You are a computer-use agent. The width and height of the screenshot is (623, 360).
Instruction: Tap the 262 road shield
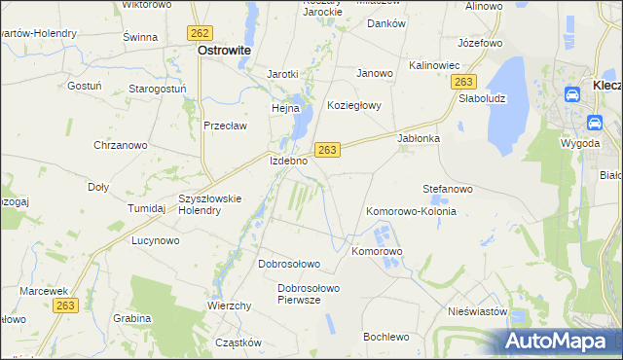tap(201, 32)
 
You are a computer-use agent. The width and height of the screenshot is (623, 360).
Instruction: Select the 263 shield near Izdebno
tap(326, 149)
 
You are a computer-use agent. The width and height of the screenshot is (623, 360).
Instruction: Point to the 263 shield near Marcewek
tap(65, 305)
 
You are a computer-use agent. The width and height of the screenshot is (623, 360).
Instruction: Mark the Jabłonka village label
tap(420, 138)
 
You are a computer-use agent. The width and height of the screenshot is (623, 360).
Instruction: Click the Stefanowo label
tap(447, 188)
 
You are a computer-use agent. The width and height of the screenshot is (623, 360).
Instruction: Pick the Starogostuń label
tap(158, 89)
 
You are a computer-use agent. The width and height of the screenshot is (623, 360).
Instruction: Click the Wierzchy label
tap(230, 306)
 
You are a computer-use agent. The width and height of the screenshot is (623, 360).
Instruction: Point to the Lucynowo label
tap(156, 240)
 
